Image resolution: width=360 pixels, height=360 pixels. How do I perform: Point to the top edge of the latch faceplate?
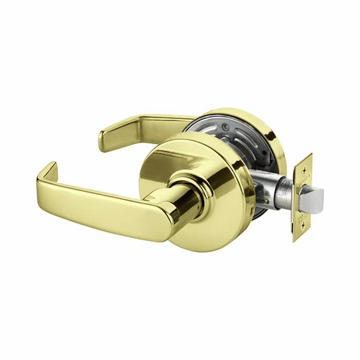[x=303, y=155]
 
